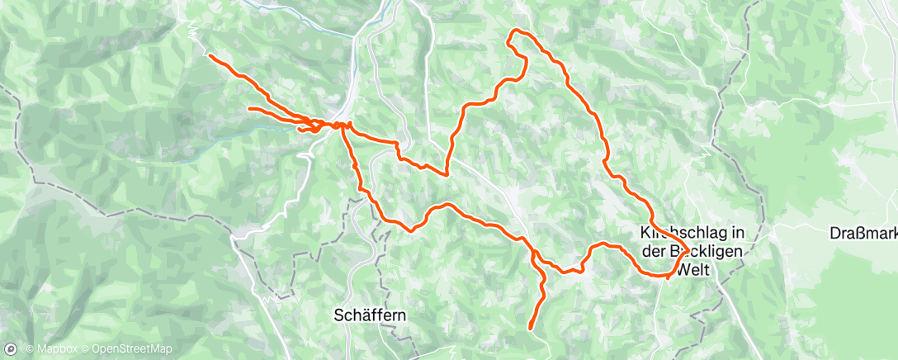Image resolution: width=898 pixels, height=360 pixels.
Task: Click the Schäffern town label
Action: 370,315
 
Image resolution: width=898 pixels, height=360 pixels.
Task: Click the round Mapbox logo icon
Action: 10,350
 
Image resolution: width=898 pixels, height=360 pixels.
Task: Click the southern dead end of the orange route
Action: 529,328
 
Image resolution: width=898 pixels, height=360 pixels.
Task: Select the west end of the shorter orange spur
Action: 249,108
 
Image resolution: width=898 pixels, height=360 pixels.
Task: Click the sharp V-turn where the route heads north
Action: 447,174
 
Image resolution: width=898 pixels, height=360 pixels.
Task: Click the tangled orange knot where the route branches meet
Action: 314,126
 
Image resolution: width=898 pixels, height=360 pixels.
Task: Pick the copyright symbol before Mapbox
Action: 30,350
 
